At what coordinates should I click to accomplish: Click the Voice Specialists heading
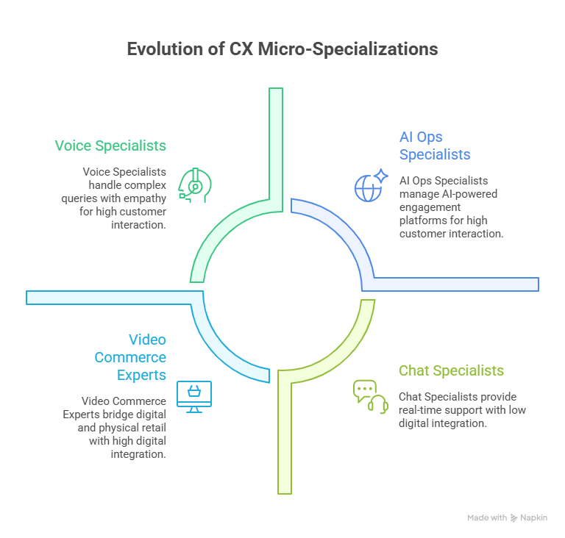pos(110,146)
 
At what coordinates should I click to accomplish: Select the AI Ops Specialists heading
pos(434,146)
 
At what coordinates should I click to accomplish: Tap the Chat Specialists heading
pos(451,370)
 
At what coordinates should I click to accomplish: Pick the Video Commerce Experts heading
pos(130,357)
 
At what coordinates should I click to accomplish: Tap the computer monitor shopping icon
pos(193,396)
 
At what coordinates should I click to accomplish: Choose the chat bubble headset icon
pos(370,396)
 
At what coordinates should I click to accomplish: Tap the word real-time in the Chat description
pos(420,409)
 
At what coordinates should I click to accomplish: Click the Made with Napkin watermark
pos(507,518)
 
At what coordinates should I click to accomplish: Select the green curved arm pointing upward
pos(275,147)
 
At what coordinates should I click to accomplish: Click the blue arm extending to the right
pos(456,284)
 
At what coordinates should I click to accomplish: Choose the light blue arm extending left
pos(110,297)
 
